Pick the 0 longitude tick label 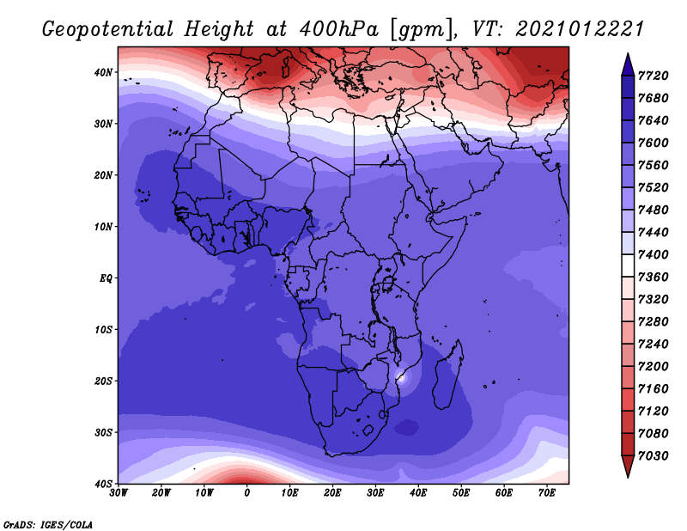(247, 493)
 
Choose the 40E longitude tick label (419, 493)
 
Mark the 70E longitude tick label (547, 493)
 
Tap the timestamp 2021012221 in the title (581, 28)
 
